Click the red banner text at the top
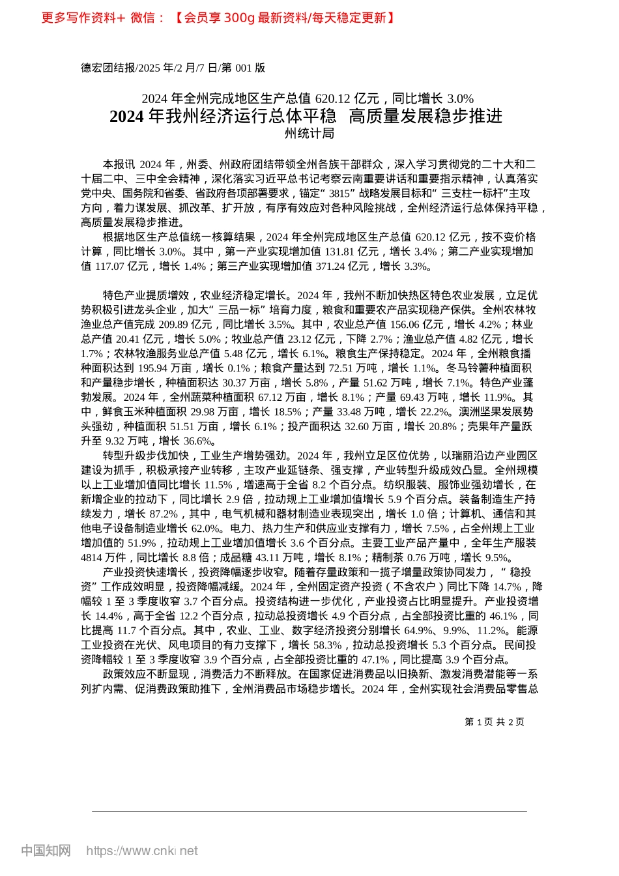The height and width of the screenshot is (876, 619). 218,18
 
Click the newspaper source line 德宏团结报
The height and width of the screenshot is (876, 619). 108,68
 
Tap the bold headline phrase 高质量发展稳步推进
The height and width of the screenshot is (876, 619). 425,116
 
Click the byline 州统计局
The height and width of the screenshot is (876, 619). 309,134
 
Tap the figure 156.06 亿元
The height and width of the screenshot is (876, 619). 416,324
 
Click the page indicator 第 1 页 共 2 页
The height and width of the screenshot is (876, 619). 494,722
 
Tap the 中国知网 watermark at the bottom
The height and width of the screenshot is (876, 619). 45,851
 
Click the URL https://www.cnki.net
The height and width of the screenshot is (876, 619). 141,851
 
